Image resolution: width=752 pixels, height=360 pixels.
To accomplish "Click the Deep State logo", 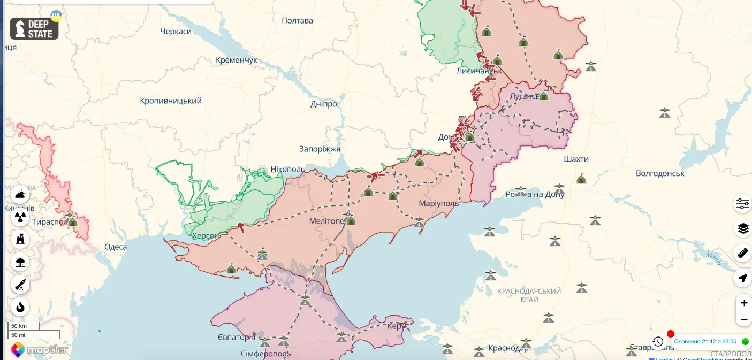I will [x=34, y=29].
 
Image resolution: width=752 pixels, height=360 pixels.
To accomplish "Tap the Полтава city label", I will [x=297, y=21].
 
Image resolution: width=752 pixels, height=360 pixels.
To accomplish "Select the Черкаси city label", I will [x=176, y=32].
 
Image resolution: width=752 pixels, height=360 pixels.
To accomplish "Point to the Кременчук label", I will [x=237, y=60].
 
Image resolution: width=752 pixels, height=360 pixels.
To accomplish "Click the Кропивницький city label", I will [x=171, y=101].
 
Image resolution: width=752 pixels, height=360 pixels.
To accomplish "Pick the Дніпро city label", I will [x=324, y=104].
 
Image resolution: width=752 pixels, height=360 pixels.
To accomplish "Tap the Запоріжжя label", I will [x=320, y=149].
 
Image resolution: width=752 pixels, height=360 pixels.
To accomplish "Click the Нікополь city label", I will [x=287, y=170].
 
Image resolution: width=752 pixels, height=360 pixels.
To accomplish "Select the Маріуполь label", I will [x=439, y=204].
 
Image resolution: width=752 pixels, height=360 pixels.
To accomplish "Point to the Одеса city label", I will [x=116, y=247].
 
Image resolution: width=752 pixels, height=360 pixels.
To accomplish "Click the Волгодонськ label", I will [x=660, y=173].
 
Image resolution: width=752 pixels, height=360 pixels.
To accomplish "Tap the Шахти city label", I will [x=576, y=159].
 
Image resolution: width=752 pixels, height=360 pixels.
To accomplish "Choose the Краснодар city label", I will [x=508, y=348].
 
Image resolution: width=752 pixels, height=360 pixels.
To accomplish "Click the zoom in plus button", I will [x=743, y=303].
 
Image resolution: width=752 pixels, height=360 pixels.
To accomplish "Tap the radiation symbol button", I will [x=20, y=217].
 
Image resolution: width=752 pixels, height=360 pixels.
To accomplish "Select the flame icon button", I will [x=20, y=307].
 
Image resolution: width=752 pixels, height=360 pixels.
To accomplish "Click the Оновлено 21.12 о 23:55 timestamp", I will [x=705, y=341].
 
